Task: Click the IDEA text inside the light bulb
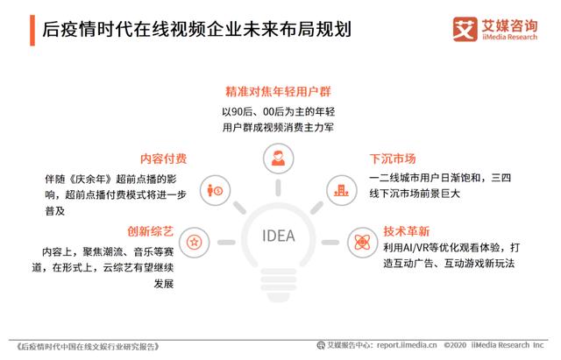coord(279,236)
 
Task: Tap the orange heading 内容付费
coord(164,159)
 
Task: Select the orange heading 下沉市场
coord(393,159)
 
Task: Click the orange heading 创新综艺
coord(150,231)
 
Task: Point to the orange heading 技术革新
coord(407,231)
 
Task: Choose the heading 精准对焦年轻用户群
coord(278,91)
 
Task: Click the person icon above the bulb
coord(279,159)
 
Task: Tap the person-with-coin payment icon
coord(215,190)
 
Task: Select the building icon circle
coord(342,190)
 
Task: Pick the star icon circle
coord(195,242)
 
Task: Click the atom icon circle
coord(362,242)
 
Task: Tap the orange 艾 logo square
coord(465,29)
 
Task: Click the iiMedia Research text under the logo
coord(509,37)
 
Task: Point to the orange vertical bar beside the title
coord(32,31)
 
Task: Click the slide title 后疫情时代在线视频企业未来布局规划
coord(196,29)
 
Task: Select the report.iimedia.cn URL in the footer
coord(407,345)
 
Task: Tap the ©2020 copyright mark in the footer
coord(455,345)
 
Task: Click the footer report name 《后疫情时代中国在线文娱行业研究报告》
coord(88,346)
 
